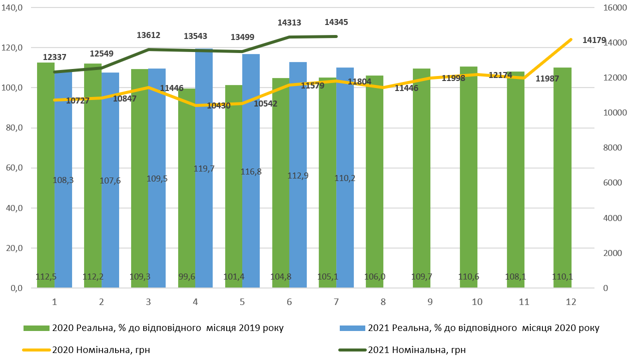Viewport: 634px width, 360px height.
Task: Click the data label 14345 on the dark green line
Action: coord(336,22)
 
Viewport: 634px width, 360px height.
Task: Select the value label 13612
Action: coord(148,35)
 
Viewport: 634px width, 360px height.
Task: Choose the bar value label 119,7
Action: coord(204,168)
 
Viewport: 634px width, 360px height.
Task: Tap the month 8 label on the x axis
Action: coord(383,302)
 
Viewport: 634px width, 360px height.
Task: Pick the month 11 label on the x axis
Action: coord(523,302)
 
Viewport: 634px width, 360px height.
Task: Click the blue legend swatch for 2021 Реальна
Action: coord(352,328)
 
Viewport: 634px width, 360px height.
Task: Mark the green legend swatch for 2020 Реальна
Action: coord(37,328)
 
